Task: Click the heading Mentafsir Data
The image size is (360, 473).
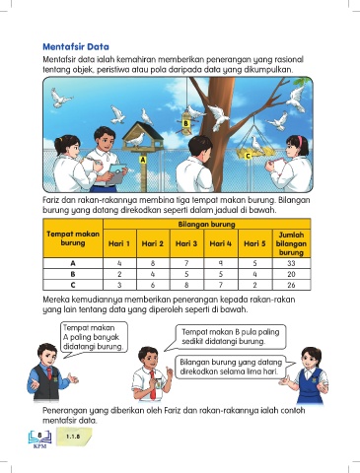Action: pyautogui.click(x=76, y=46)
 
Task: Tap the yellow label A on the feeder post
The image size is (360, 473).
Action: pyautogui.click(x=142, y=160)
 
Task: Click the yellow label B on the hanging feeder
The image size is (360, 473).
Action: pyautogui.click(x=185, y=123)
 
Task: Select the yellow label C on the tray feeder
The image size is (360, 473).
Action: pyautogui.click(x=248, y=156)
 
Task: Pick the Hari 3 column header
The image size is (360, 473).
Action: pyautogui.click(x=186, y=243)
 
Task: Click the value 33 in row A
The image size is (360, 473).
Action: pyautogui.click(x=291, y=263)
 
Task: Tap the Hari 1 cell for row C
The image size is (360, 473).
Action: pyautogui.click(x=119, y=285)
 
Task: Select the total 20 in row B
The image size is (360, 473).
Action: pyautogui.click(x=291, y=274)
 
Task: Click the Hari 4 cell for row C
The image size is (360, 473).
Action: pyautogui.click(x=221, y=285)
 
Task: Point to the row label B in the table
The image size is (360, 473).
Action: pyautogui.click(x=73, y=274)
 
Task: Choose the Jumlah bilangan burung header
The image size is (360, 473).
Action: pyautogui.click(x=291, y=243)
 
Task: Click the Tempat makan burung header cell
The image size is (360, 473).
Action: pyautogui.click(x=73, y=238)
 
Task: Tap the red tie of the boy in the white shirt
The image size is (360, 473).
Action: pyautogui.click(x=153, y=383)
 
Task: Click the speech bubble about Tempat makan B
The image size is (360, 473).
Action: pyautogui.click(x=230, y=337)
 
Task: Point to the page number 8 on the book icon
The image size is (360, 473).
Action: pyautogui.click(x=39, y=436)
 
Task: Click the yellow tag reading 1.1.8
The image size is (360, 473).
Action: pyautogui.click(x=73, y=437)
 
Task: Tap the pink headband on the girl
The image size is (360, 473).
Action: pyautogui.click(x=300, y=141)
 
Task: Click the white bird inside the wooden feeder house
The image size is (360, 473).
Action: pyautogui.click(x=136, y=139)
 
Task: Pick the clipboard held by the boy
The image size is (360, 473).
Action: pyautogui.click(x=116, y=173)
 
